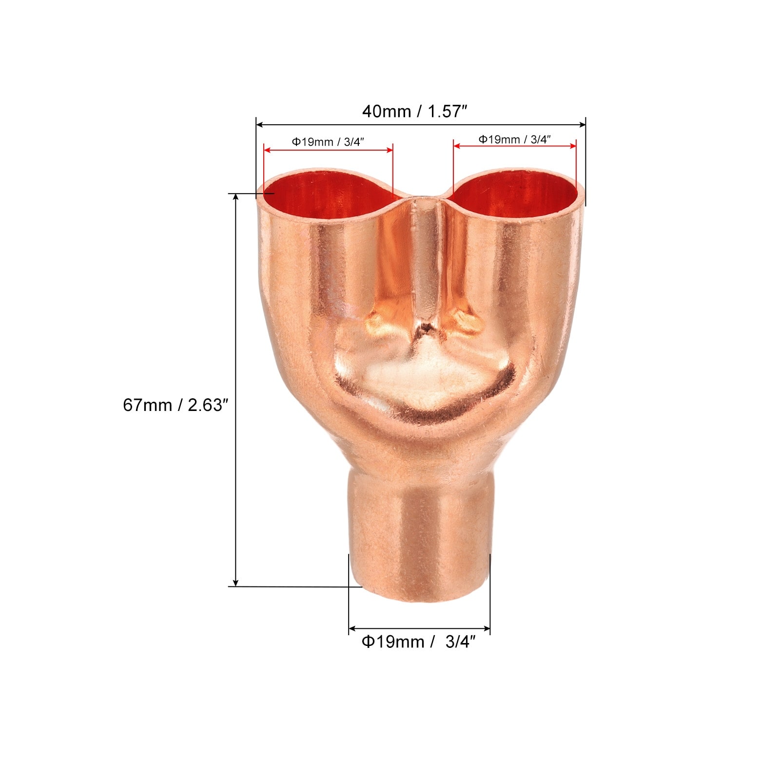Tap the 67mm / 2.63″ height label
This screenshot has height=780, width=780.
175,405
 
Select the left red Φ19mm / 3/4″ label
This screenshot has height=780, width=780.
328,142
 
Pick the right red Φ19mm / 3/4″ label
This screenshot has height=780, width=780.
514,139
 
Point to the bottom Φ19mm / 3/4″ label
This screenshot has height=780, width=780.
418,642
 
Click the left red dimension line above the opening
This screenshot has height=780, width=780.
328,150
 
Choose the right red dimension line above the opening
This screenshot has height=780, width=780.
514,145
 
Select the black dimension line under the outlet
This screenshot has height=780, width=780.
419,629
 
